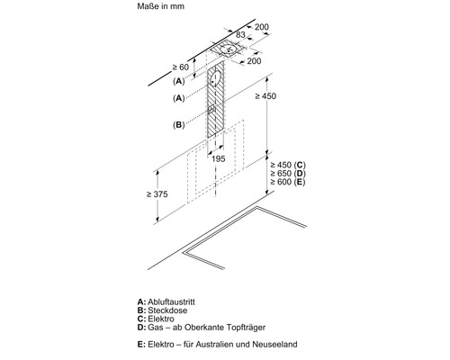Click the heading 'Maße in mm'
click(160, 6)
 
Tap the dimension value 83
click(240, 35)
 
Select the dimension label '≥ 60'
click(181, 67)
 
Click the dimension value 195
click(218, 158)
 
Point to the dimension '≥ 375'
click(157, 194)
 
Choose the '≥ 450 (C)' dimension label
click(288, 165)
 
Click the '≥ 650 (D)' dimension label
click(288, 173)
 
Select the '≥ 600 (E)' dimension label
click(288, 182)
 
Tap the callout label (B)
click(179, 124)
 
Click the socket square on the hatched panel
click(211, 109)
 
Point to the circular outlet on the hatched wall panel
click(215, 79)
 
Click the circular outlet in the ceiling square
click(229, 49)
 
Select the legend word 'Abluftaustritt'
click(171, 301)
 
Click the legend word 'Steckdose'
click(167, 310)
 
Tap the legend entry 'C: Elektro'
click(156, 319)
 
